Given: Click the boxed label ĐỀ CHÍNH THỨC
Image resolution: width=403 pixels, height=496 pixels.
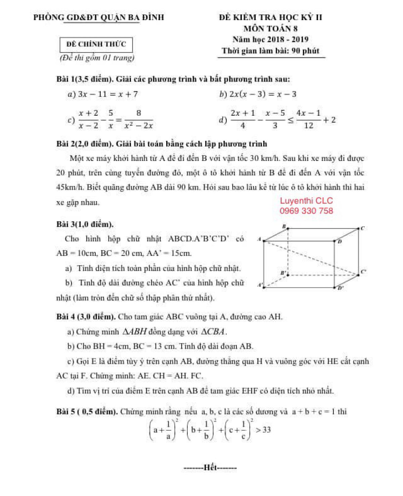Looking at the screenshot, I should [96, 44].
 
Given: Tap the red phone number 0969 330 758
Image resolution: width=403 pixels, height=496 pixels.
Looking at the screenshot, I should [306, 211].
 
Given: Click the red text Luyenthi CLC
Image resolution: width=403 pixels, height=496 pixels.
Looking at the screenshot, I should [306, 201].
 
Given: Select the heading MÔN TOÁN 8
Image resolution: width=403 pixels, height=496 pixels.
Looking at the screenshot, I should [271, 29].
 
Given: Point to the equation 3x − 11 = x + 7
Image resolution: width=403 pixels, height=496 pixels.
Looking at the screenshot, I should [107, 94].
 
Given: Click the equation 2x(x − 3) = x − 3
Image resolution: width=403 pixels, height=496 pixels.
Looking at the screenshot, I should [263, 94].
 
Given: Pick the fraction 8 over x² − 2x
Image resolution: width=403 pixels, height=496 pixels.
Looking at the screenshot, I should [139, 119].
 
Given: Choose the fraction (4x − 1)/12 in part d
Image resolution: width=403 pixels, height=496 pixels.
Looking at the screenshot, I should [308, 119].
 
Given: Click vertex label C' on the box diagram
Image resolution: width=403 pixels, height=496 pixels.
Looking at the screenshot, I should [363, 272].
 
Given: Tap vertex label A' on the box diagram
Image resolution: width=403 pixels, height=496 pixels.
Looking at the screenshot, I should [260, 285].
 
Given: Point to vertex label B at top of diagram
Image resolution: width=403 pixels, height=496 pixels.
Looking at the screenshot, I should [284, 226].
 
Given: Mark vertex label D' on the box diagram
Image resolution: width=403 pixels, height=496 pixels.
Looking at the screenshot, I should [340, 288].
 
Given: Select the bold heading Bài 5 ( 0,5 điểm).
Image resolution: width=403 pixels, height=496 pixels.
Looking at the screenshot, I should [87, 411].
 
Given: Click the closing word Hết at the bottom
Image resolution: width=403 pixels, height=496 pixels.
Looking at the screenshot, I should [210, 467].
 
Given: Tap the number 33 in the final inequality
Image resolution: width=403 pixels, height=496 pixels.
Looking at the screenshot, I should [266, 430].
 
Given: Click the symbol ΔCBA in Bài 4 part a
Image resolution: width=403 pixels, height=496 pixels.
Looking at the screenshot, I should [214, 332].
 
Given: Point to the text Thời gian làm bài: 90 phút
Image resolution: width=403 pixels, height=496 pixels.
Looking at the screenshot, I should [271, 51].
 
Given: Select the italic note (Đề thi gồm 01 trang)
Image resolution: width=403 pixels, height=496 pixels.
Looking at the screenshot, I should [97, 58].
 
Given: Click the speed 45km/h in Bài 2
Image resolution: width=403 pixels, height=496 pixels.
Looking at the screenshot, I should [70, 187].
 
